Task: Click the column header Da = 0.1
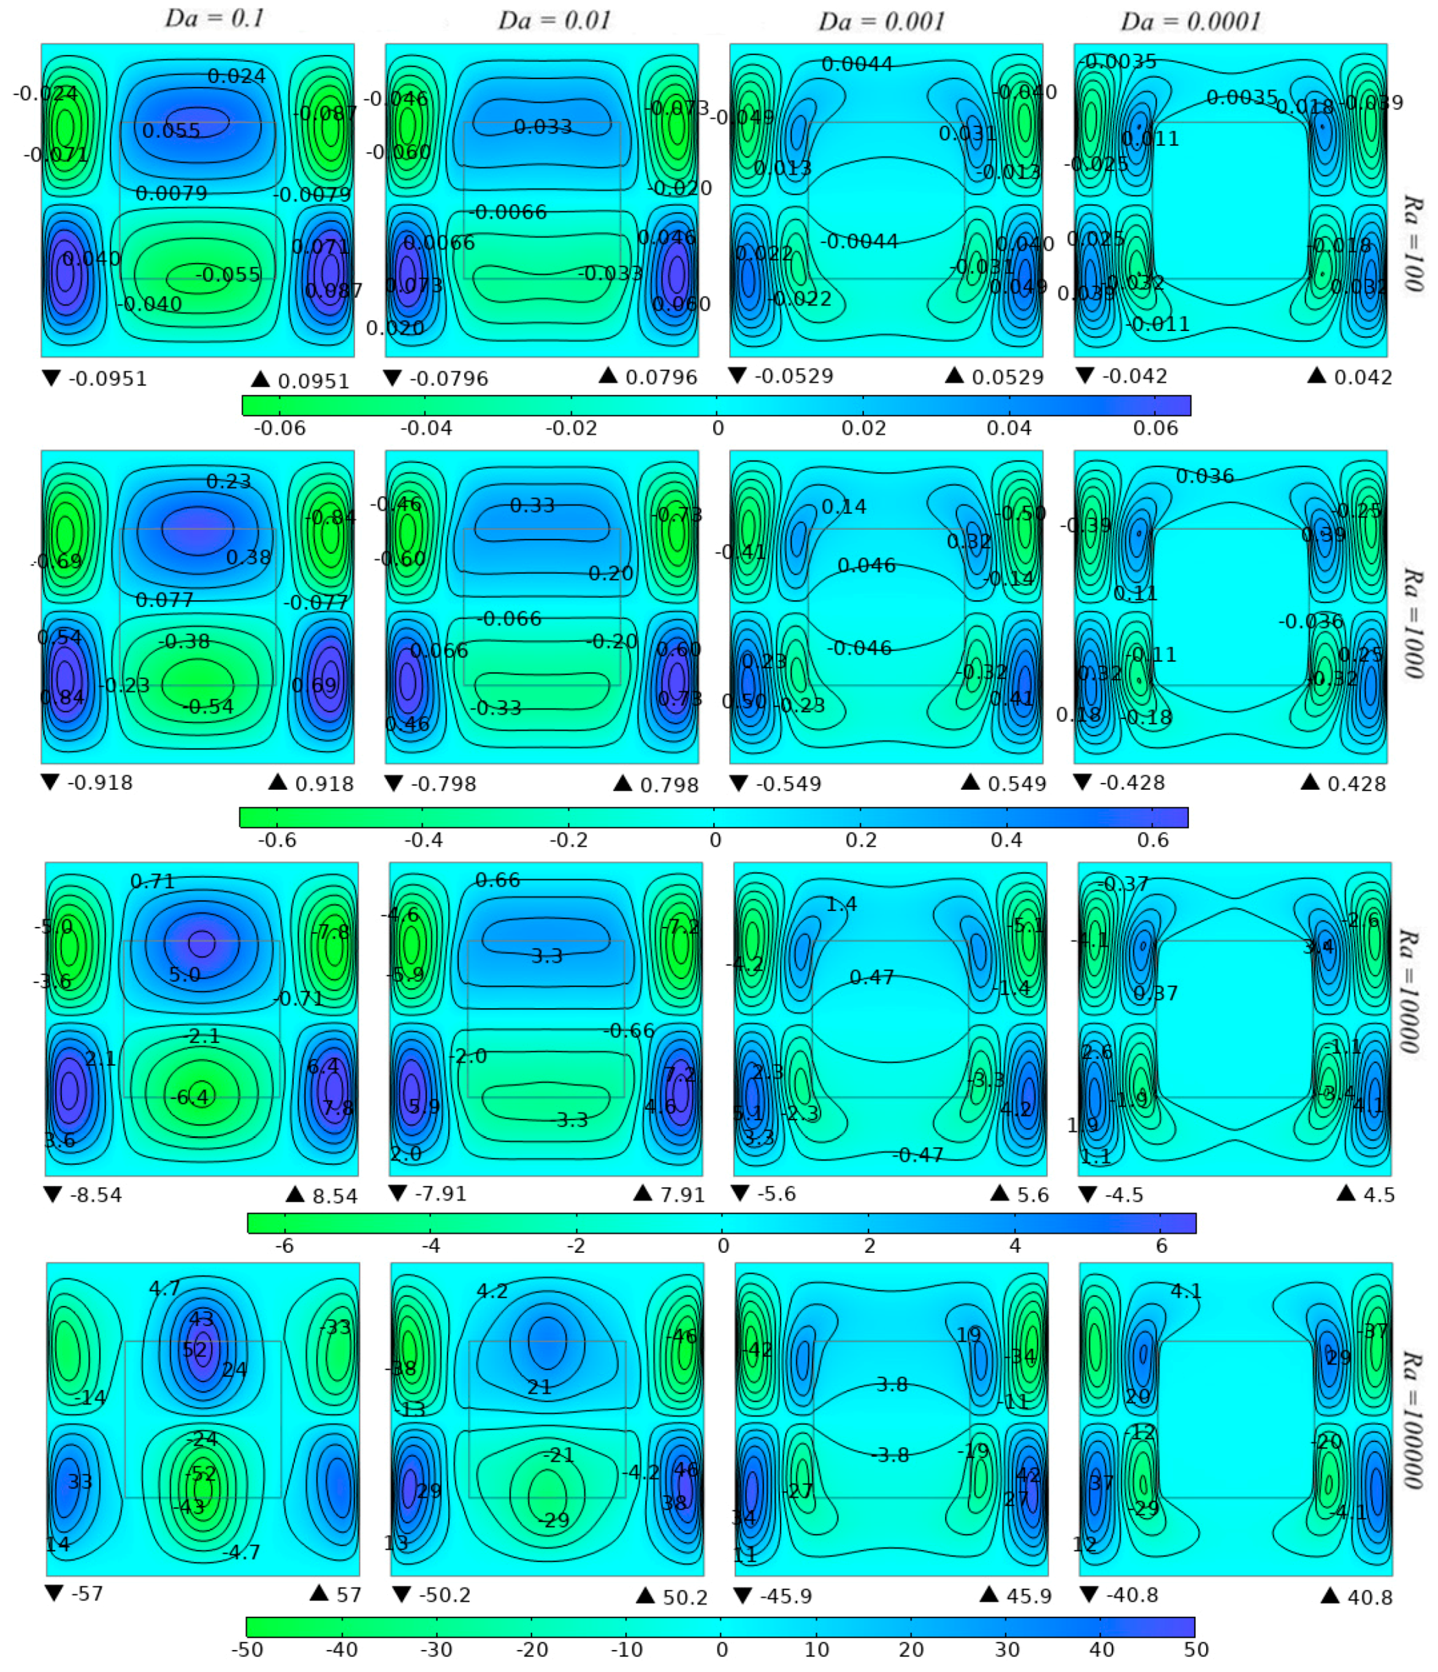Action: click(215, 18)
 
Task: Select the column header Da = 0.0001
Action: click(1190, 21)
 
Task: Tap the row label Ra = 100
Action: click(1413, 243)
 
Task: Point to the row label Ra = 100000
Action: click(1413, 1419)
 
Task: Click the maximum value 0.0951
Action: click(313, 381)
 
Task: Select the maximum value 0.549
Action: click(1017, 784)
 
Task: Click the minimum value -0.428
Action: click(1131, 783)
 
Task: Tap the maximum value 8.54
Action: click(334, 1196)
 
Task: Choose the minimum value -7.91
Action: click(440, 1194)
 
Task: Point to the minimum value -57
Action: click(86, 1594)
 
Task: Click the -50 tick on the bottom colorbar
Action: click(247, 1659)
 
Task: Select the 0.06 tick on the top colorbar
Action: click(1155, 428)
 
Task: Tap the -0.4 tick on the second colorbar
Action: click(423, 840)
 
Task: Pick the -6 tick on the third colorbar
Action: click(284, 1246)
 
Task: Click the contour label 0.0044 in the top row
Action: click(857, 64)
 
